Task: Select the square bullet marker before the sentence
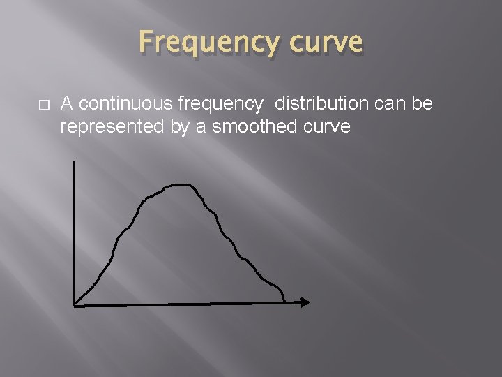click(x=43, y=105)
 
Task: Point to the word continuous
click(x=126, y=104)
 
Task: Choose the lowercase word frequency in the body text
click(x=221, y=105)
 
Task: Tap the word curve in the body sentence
click(x=326, y=127)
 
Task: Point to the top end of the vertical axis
click(x=74, y=162)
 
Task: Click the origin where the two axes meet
click(x=74, y=304)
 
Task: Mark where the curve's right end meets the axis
click(x=284, y=302)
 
